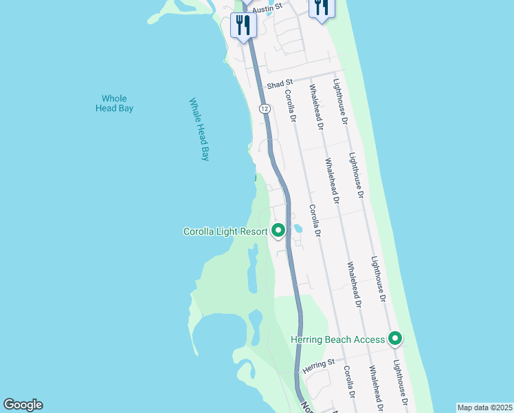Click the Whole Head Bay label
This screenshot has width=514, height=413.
113,103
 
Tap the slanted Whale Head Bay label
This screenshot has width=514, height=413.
199,129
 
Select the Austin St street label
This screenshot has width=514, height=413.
267,8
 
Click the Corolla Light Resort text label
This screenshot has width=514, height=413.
225,231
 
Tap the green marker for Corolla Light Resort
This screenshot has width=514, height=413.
278,231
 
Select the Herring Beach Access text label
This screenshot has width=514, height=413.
337,339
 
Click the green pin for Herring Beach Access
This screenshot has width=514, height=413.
395,339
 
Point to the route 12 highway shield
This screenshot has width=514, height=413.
264,109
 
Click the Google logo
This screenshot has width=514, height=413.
23,405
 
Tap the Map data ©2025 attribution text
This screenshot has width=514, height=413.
484,407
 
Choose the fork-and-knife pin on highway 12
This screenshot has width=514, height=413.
243,26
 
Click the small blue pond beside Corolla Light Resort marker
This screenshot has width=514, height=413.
298,228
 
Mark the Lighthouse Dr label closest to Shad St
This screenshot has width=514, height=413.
340,101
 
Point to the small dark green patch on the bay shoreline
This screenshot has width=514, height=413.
254,178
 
